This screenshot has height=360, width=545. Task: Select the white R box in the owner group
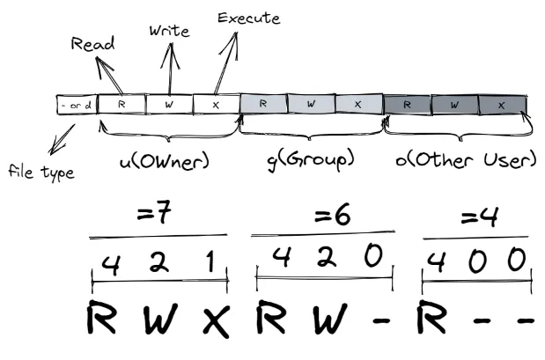[122, 104]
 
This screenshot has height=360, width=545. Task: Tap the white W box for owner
[169, 104]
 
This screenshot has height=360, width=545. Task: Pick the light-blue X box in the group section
[357, 104]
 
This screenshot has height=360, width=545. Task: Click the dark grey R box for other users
[407, 104]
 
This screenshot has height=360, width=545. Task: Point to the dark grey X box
[502, 104]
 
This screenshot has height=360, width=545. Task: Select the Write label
[170, 32]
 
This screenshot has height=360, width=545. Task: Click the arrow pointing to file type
[63, 139]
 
